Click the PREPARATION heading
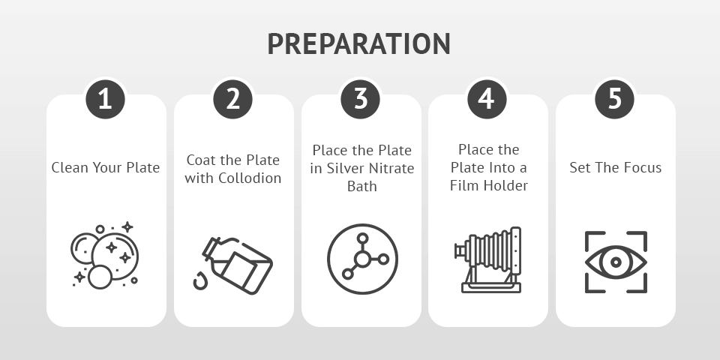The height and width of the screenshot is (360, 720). click(359, 44)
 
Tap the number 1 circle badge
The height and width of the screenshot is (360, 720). click(106, 99)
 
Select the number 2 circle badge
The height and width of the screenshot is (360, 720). click(233, 99)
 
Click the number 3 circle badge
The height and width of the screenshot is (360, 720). click(361, 99)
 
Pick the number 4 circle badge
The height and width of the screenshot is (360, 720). click(487, 99)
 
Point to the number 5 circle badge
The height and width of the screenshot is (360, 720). click(615, 99)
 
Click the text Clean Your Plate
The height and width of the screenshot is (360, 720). click(106, 167)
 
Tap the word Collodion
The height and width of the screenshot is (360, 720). click(250, 178)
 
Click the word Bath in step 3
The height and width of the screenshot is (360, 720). click(361, 185)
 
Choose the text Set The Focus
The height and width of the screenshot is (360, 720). click(615, 167)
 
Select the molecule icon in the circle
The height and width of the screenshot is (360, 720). click(362, 259)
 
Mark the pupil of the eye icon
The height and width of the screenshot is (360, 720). click(615, 262)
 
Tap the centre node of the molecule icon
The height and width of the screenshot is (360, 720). click(362, 259)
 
